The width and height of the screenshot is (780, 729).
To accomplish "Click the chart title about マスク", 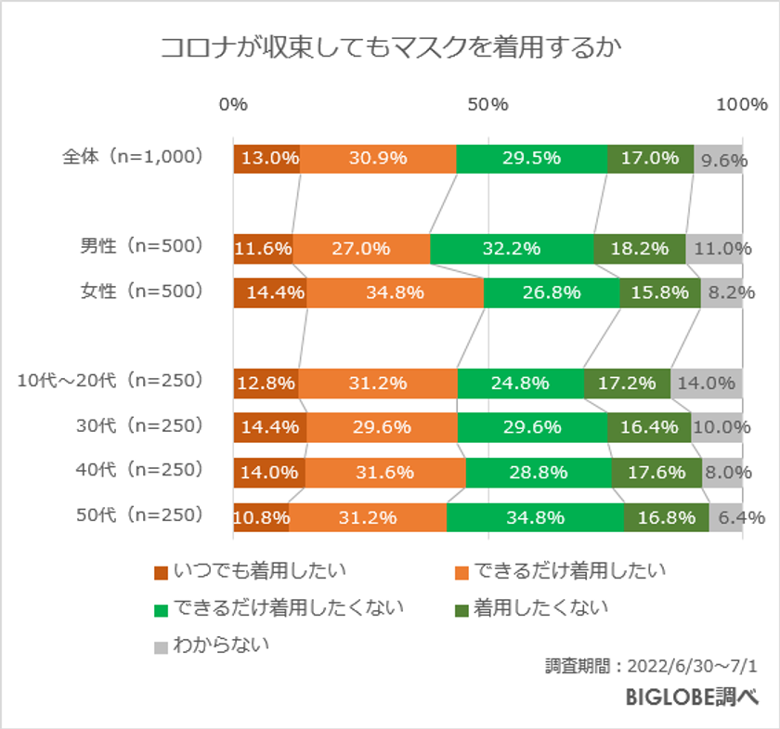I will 389,47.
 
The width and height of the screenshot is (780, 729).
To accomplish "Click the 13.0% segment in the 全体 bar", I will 266,158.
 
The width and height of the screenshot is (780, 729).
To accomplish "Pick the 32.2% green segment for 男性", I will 512,248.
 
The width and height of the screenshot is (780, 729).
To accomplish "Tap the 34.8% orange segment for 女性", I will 395,292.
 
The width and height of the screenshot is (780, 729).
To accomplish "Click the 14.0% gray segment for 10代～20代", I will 707,382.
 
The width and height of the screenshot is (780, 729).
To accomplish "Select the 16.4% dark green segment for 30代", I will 649,426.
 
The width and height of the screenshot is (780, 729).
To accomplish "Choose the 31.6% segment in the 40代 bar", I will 384,472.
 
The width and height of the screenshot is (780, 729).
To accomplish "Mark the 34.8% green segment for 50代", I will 535,516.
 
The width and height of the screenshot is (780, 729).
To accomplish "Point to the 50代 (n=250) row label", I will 139,516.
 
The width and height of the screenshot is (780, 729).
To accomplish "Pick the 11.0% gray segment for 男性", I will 714,248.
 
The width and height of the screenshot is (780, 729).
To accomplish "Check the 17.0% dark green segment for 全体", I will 650,158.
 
